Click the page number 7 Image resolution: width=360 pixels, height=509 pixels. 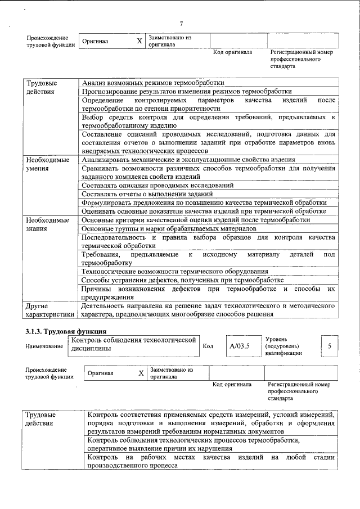(181, 23)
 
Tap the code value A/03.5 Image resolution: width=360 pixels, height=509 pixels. (240, 345)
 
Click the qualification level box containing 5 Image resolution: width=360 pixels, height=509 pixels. (330, 345)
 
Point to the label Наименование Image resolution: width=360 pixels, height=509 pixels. (44, 346)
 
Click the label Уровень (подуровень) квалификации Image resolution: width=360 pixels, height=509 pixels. (285, 346)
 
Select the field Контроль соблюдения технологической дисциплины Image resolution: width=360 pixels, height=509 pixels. (133, 344)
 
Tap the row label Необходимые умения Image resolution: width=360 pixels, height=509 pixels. (48, 164)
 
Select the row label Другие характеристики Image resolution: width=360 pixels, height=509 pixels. (49, 310)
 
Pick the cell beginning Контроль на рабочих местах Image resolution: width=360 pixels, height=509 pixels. (211, 462)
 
